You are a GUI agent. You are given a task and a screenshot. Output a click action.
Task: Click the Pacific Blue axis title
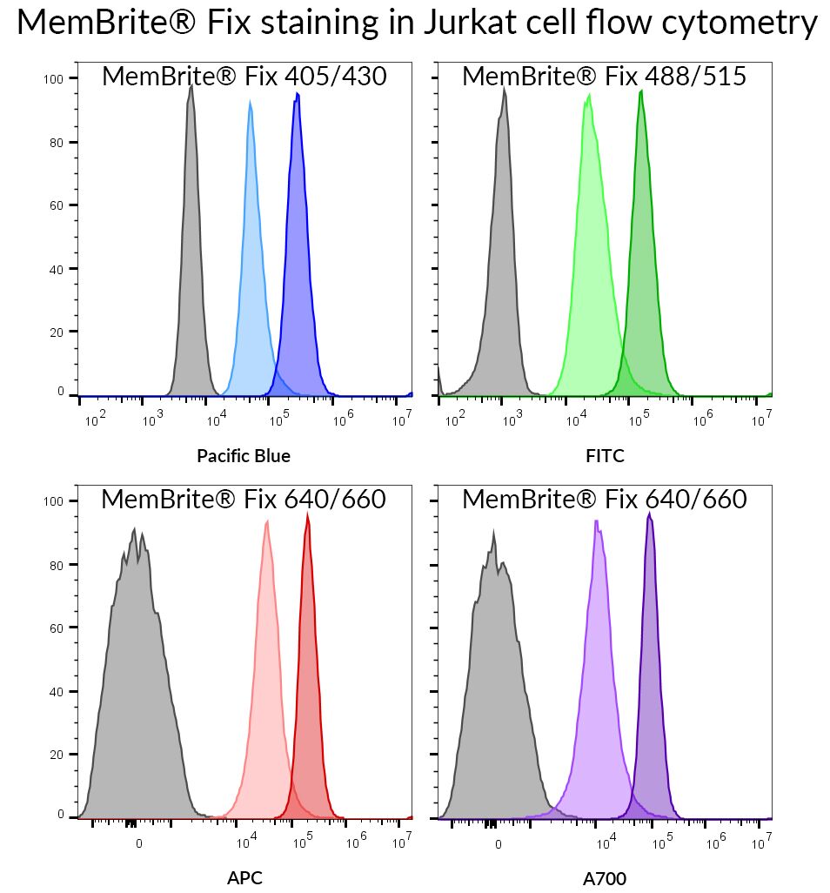click(244, 455)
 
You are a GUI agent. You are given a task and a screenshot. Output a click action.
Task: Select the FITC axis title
click(606, 455)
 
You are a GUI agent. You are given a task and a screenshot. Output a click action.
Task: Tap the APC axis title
click(244, 877)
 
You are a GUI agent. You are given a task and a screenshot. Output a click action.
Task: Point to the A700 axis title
click(605, 878)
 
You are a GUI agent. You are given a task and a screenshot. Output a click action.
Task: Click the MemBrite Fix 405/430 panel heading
click(244, 77)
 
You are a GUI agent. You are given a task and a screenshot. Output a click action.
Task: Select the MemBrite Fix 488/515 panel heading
click(604, 77)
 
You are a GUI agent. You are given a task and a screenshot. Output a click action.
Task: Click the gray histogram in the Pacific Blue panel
click(191, 261)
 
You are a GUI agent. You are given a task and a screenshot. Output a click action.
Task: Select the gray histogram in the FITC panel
click(502, 261)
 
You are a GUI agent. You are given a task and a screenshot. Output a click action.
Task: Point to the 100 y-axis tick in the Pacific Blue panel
click(54, 79)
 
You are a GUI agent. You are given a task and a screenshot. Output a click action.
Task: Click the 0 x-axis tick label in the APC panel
click(139, 843)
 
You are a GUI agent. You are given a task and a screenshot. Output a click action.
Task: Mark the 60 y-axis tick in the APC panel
click(59, 628)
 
